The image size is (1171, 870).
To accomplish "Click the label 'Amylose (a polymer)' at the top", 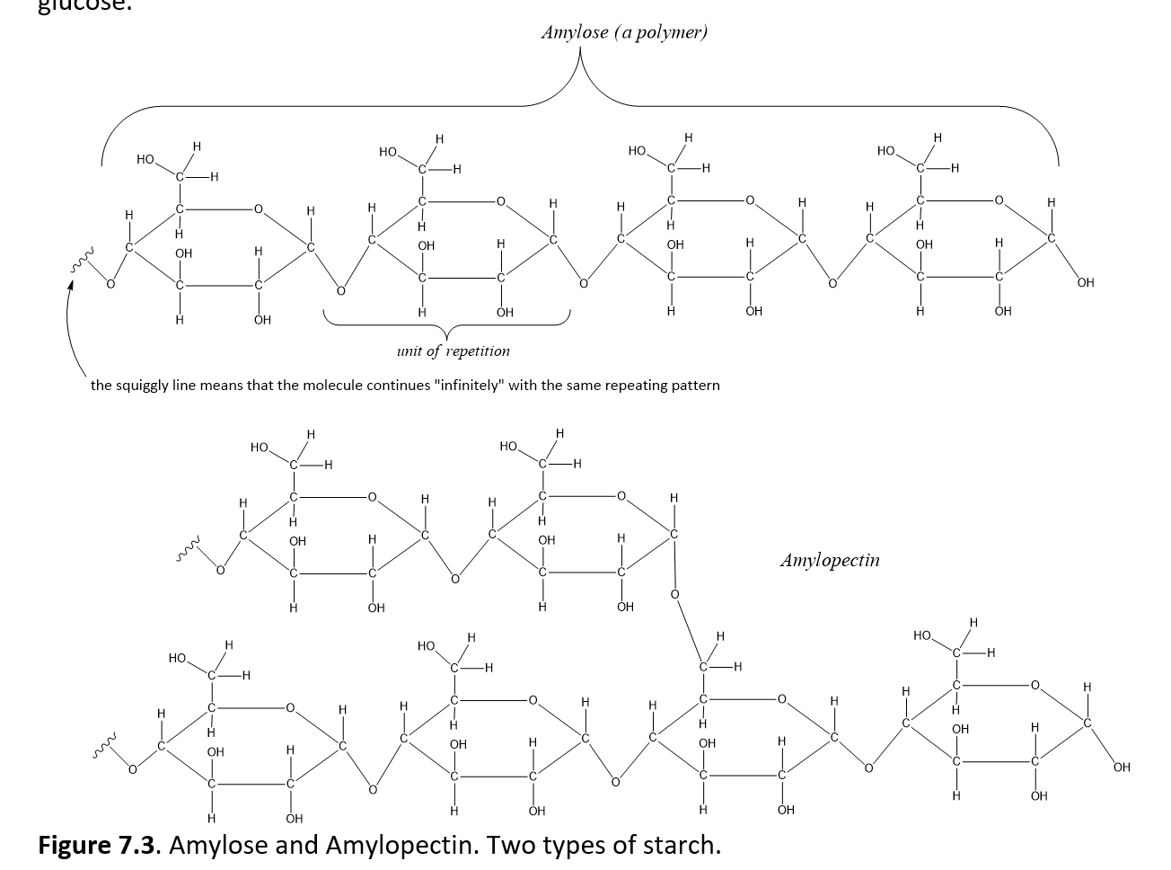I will point(624,32).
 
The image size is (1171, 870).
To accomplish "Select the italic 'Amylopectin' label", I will point(830,561).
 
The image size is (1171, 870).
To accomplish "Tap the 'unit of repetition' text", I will point(453,351).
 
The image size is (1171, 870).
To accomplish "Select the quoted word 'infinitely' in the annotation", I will point(468,386).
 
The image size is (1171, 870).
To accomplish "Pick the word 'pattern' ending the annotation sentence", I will point(693,386).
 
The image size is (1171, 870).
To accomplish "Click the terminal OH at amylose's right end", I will point(1085,283).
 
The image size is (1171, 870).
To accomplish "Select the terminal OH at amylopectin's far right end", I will point(1121,768).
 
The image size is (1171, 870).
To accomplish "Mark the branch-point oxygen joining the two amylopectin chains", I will point(674,594).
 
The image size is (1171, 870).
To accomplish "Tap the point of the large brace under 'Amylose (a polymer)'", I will point(580,56).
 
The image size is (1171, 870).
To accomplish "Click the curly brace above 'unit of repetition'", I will point(446,326).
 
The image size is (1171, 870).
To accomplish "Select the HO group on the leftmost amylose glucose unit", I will point(145,160).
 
